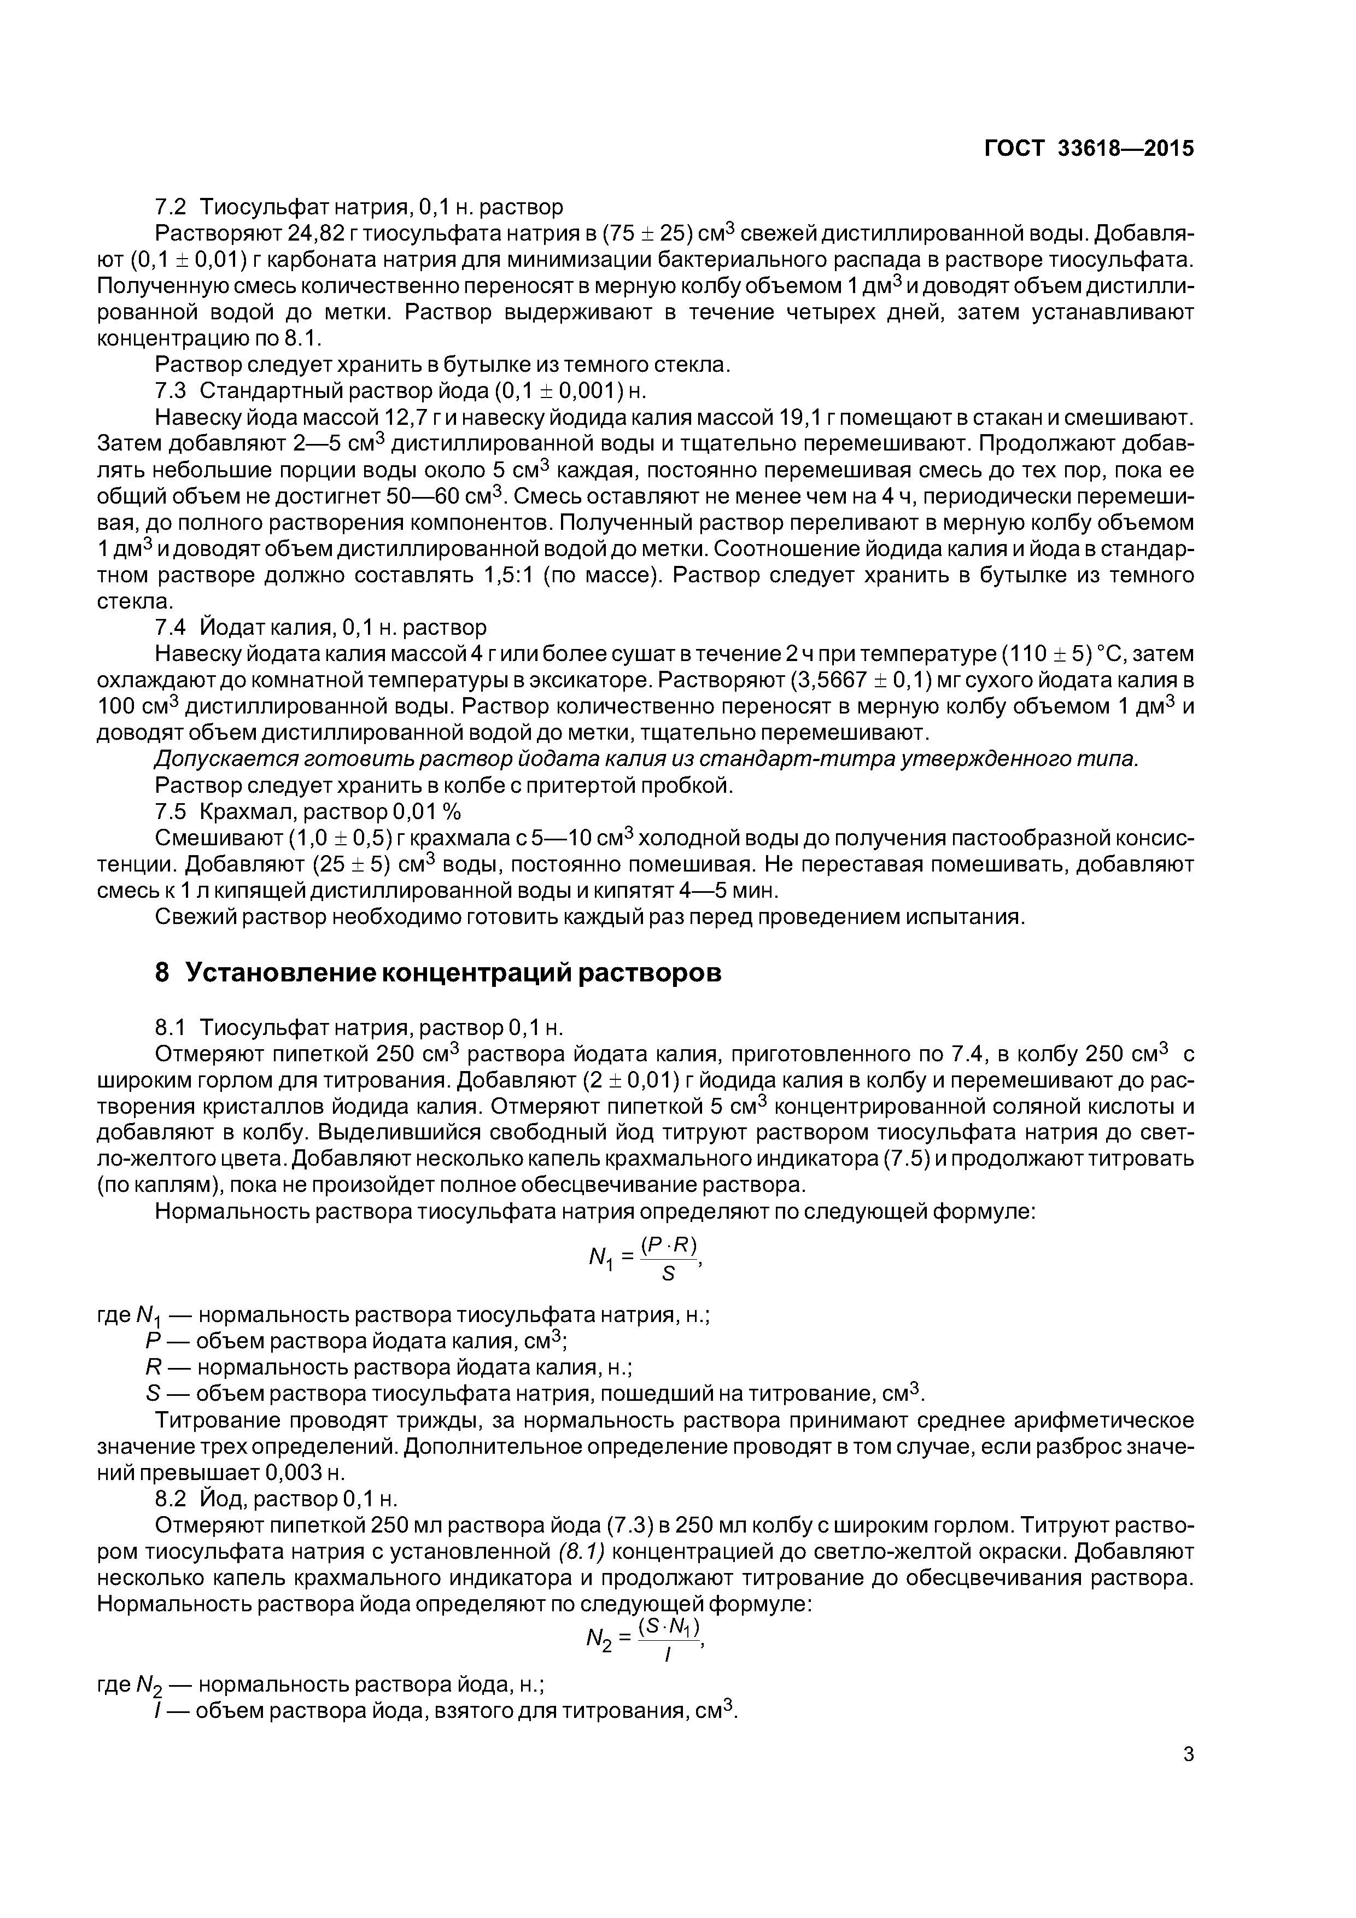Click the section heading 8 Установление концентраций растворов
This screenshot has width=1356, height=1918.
[438, 972]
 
